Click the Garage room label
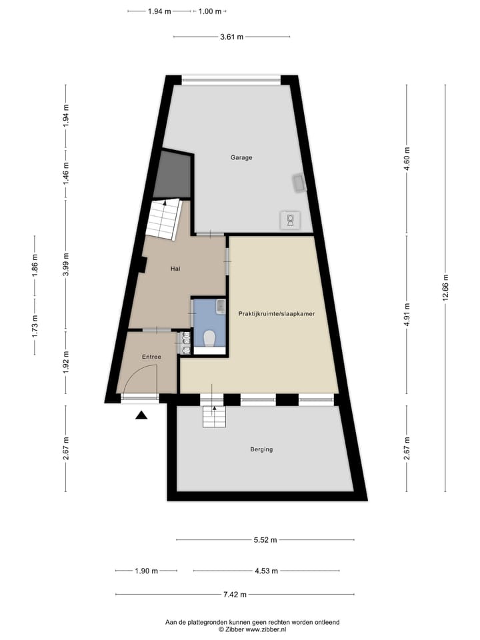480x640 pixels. pos(241,158)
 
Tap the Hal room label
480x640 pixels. pos(176,269)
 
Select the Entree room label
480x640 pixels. pos(151,357)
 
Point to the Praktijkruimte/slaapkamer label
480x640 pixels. pos(277,313)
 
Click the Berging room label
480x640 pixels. pos(261,449)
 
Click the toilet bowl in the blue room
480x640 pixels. pos(209,339)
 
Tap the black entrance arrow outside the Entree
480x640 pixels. pos(141,416)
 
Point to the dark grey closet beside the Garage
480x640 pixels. pos(173,175)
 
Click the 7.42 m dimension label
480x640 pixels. pos(235,595)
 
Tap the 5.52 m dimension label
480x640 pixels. pos(265,540)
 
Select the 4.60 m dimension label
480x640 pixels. pos(407,158)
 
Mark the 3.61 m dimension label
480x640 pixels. pos(231,37)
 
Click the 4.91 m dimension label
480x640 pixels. pos(407,319)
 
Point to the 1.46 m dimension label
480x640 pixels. pos(65,173)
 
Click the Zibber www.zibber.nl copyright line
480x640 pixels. pos(252,629)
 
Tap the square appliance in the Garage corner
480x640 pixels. pos(291,219)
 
